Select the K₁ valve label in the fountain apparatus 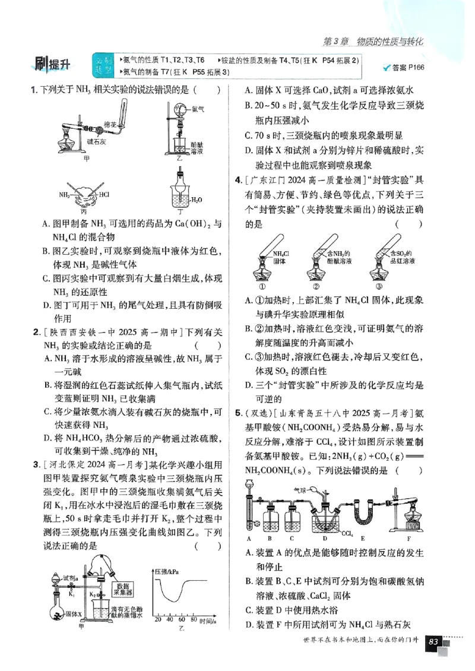72,593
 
